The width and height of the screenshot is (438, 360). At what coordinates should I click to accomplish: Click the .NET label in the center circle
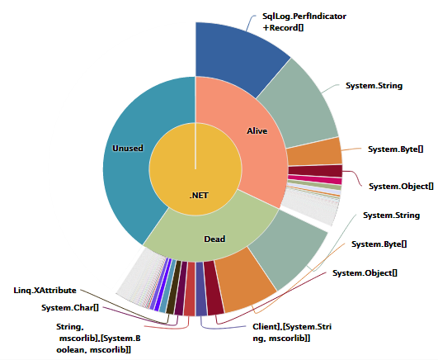point(199,195)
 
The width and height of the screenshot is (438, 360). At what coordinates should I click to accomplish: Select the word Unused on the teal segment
point(128,148)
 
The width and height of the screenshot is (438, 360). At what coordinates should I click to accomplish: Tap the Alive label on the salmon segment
point(257,130)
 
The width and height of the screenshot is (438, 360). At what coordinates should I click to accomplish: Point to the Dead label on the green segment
point(214,239)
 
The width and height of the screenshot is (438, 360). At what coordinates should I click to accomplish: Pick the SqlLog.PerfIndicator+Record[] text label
point(304,21)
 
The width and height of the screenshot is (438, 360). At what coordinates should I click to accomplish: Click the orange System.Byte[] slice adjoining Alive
point(315,151)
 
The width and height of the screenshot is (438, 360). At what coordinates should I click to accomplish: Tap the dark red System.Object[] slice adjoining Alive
point(316,171)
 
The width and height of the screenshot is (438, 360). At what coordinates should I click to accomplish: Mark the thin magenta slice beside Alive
point(315,179)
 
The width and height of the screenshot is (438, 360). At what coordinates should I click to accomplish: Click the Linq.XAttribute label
point(45,291)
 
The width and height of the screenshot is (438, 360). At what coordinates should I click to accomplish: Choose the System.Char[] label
point(70,308)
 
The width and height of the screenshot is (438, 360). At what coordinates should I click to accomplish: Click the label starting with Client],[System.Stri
point(292,332)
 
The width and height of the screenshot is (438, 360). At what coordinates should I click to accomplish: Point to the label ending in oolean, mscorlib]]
point(98,339)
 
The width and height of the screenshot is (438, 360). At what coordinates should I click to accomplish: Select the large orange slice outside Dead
point(244,280)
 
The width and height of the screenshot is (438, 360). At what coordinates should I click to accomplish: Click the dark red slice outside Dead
point(214,288)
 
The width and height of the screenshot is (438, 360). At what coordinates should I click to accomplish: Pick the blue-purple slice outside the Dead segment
point(200,289)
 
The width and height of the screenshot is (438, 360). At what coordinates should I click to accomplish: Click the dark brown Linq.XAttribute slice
point(174,287)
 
